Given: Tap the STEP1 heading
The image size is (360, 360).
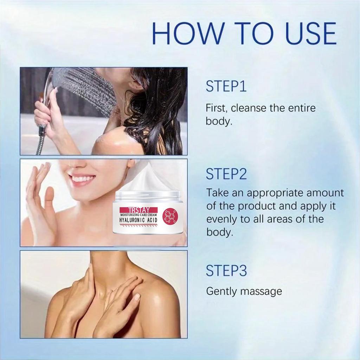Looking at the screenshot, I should pyautogui.click(x=226, y=87).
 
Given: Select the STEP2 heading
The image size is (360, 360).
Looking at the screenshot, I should pyautogui.click(x=227, y=174).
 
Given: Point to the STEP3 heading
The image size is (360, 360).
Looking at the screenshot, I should pyautogui.click(x=227, y=271).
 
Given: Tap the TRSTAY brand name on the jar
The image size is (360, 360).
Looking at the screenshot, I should pyautogui.click(x=138, y=208).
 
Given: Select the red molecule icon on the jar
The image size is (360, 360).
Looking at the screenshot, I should pyautogui.click(x=171, y=216).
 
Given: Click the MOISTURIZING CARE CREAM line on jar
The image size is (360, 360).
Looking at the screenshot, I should pyautogui.click(x=138, y=214).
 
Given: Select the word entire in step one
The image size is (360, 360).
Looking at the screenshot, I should pyautogui.click(x=302, y=108).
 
